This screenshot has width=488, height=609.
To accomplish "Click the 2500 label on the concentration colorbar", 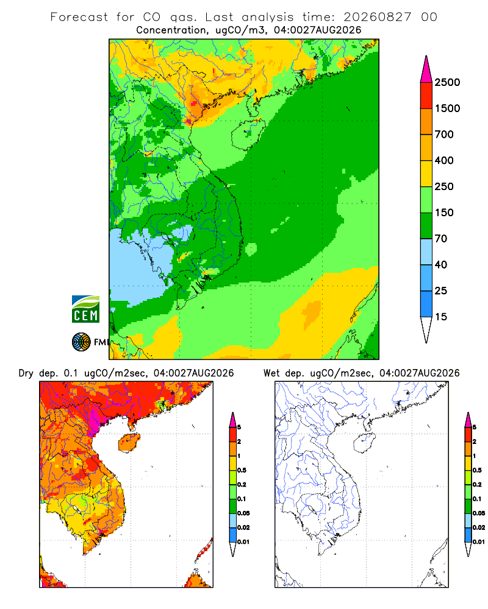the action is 447,82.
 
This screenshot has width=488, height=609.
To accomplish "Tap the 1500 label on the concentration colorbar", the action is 447,108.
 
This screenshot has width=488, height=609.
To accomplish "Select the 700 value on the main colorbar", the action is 444,135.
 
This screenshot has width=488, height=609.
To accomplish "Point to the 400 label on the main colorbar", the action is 444,160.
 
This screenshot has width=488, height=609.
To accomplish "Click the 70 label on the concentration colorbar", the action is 441,239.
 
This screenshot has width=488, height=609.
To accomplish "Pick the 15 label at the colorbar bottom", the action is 441,317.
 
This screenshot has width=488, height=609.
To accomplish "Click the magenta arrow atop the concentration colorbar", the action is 426,69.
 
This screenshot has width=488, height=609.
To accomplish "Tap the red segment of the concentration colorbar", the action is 426,96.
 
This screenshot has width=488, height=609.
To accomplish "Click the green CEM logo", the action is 85,309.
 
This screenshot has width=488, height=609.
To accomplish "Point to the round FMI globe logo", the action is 81,342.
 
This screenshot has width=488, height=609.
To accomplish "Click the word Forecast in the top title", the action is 79,17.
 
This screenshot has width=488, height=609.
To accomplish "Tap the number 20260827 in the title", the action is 378,17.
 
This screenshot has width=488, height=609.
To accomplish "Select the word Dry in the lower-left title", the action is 26,373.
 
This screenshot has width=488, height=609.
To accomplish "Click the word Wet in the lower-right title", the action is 271,373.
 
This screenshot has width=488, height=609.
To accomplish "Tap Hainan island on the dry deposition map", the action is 129,442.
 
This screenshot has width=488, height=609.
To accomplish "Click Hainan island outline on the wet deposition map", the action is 365,443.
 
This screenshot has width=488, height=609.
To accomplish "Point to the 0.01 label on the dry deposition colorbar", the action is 243,542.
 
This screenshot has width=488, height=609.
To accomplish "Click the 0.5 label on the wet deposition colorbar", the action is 477,470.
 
